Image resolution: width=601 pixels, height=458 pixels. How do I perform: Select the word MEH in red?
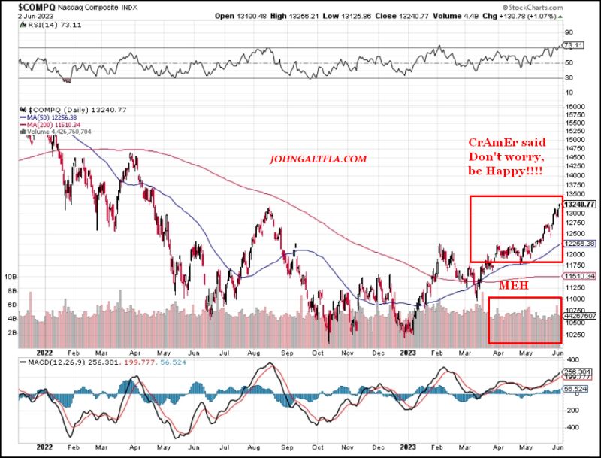point(513,287)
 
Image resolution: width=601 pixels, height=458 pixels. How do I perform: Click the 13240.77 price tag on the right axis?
point(579,204)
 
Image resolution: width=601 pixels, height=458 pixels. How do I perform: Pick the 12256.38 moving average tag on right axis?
point(579,244)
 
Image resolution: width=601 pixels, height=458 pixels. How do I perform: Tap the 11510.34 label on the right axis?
point(579,278)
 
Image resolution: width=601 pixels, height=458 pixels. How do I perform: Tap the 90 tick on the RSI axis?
point(569,32)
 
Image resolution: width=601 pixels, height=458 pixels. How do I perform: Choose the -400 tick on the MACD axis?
point(572,426)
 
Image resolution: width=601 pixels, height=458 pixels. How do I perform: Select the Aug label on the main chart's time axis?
point(258,351)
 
